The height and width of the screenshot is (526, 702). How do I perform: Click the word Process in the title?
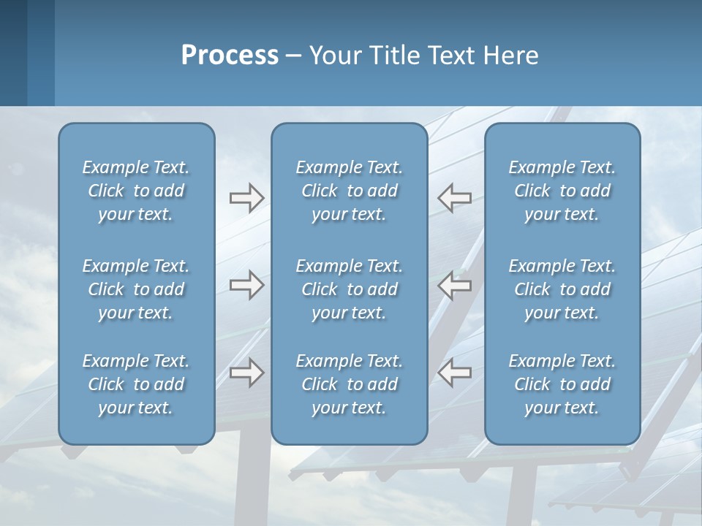click(x=230, y=56)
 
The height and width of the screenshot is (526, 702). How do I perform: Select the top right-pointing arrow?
click(x=247, y=198)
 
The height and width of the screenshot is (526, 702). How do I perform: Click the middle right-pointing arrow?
click(x=247, y=285)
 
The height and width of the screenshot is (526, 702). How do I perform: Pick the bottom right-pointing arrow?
click(x=247, y=373)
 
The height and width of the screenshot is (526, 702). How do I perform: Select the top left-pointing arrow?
click(x=455, y=198)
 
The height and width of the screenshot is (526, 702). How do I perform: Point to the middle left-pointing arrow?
click(x=455, y=285)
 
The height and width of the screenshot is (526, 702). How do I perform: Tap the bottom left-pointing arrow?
click(x=455, y=373)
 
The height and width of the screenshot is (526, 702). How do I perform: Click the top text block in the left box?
click(x=136, y=191)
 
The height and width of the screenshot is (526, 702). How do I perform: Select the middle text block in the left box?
click(x=136, y=289)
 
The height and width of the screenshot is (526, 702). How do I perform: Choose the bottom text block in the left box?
click(x=136, y=384)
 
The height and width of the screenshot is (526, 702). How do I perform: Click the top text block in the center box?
click(x=349, y=191)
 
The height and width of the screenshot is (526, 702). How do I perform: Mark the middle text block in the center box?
click(x=349, y=289)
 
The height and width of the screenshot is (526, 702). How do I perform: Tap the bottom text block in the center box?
click(x=349, y=384)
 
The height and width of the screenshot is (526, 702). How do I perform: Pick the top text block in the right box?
click(x=562, y=191)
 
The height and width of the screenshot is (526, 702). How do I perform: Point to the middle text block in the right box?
click(x=562, y=289)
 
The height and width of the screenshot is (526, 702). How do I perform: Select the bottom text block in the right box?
click(x=562, y=384)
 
